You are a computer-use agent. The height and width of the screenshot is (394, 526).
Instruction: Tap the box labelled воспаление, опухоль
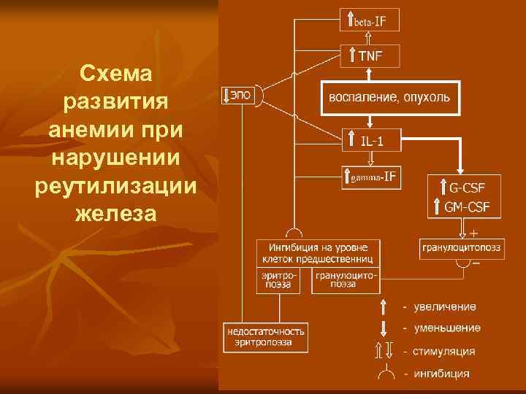[389, 97]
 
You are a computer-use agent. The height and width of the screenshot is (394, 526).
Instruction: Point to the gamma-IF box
[371, 177]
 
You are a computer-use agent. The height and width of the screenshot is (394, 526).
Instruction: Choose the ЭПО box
[238, 96]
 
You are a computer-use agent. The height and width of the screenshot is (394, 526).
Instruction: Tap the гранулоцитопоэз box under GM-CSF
[462, 248]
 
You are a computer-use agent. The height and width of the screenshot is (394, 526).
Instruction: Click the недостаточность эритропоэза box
[266, 336]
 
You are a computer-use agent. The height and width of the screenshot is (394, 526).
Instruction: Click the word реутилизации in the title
[115, 185]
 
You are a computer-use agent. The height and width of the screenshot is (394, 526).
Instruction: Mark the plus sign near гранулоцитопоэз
[473, 233]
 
